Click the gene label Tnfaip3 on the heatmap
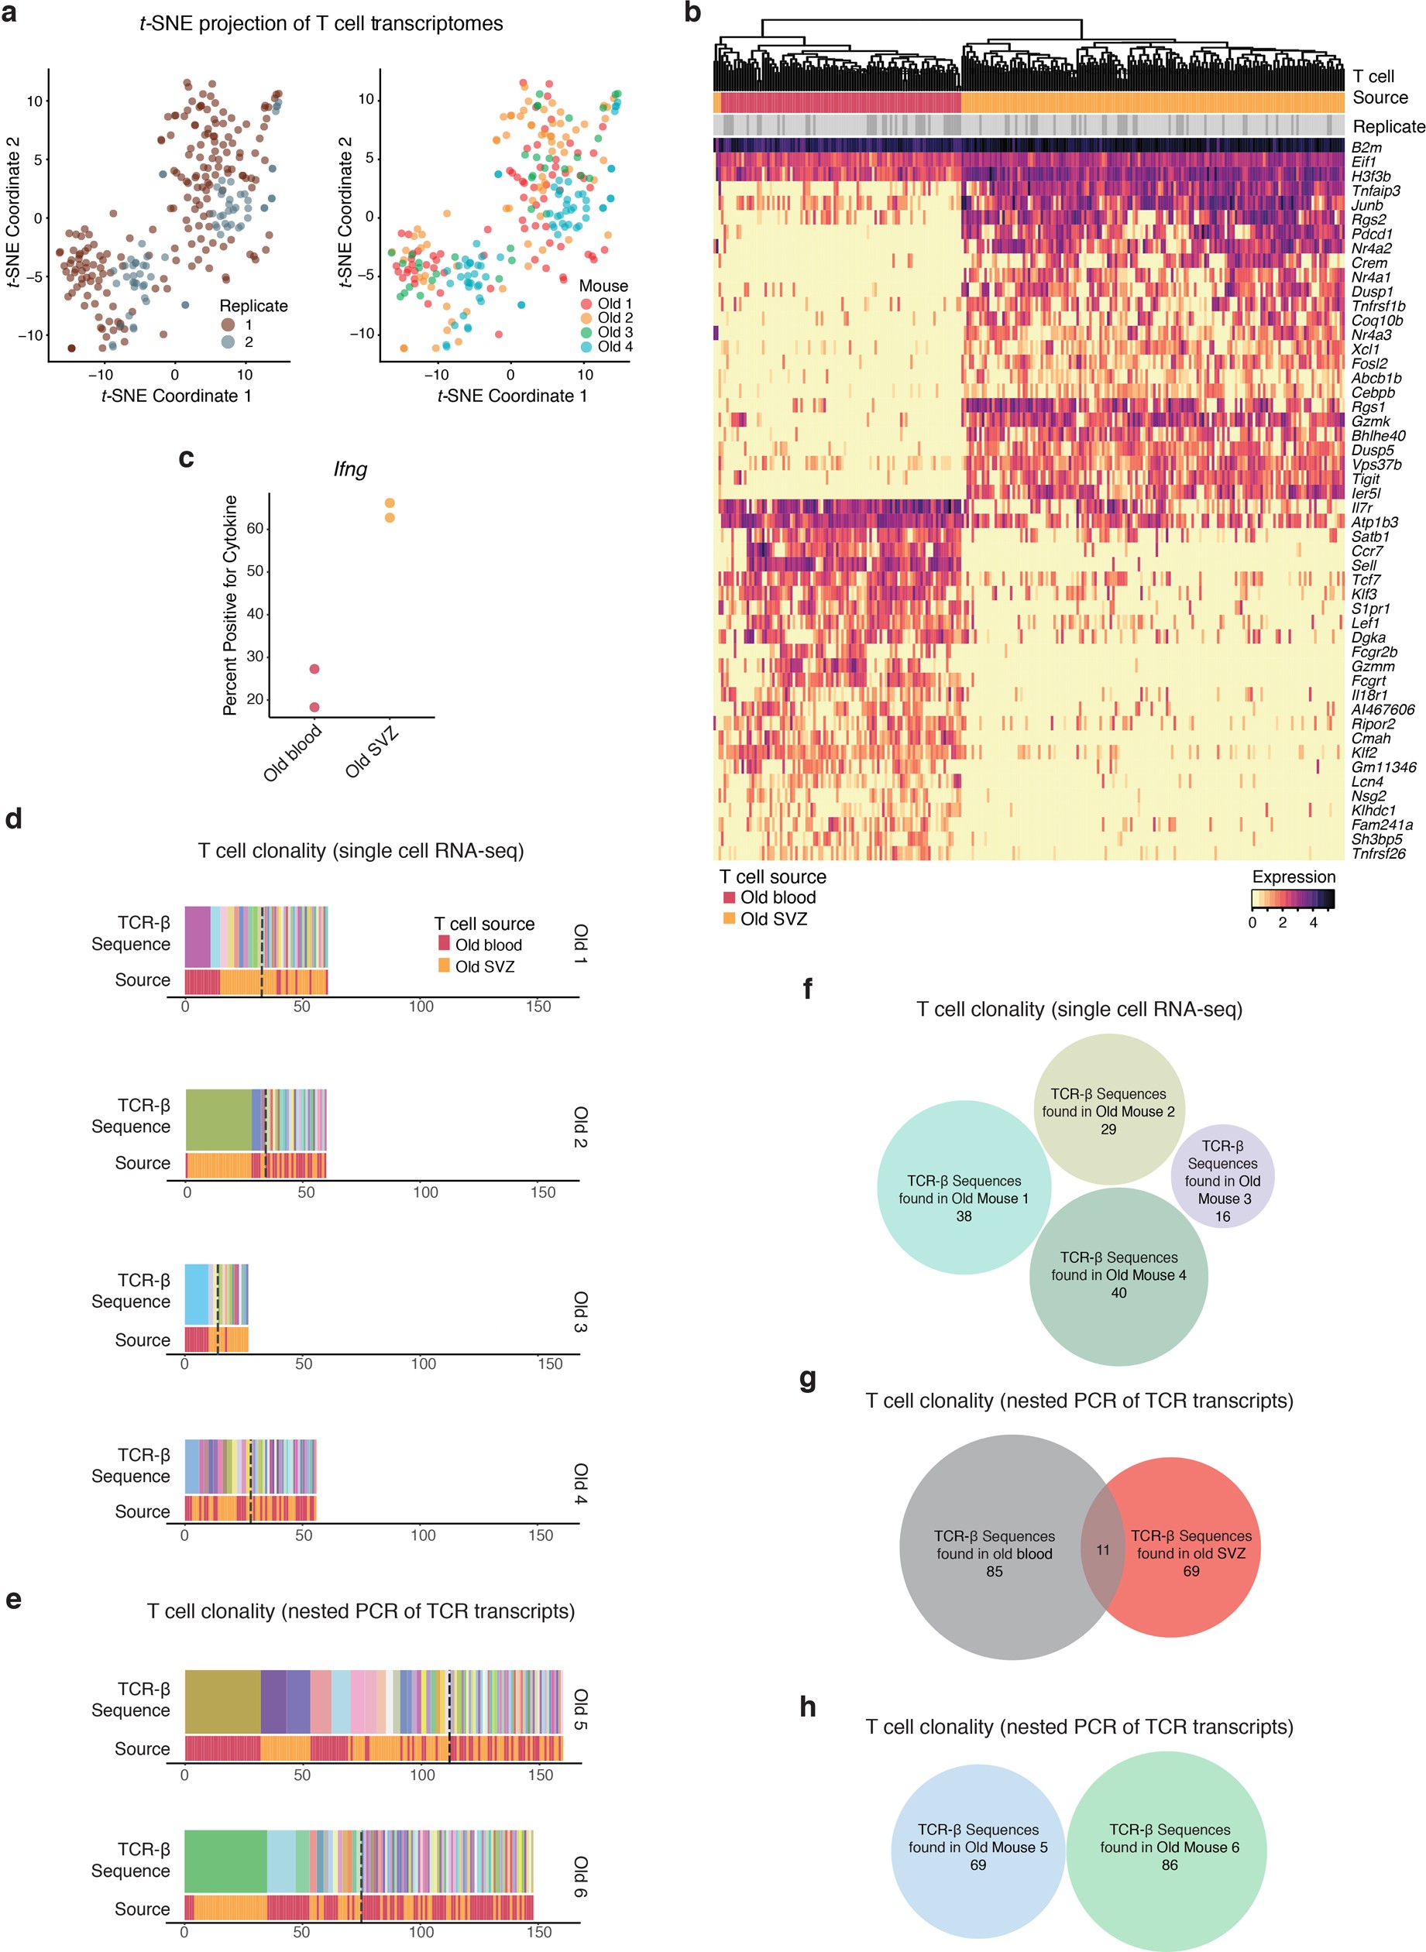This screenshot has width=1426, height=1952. click(1376, 190)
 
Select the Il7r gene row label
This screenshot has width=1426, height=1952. click(1362, 507)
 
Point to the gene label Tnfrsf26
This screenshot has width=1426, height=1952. click(1379, 853)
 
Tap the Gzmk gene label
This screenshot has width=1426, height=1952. click(1371, 421)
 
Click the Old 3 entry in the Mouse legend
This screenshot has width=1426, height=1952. click(614, 332)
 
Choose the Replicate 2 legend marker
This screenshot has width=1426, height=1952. click(228, 341)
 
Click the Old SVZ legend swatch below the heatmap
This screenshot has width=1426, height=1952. click(730, 918)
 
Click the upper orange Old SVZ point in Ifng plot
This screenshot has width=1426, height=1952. click(390, 503)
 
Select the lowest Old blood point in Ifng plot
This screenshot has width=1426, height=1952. click(314, 707)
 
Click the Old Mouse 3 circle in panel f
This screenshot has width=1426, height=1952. click(1222, 1175)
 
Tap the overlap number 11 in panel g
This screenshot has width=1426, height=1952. click(1102, 1550)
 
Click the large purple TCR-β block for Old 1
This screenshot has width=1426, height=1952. click(198, 936)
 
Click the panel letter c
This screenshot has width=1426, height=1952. click(186, 458)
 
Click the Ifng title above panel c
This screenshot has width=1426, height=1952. click(350, 469)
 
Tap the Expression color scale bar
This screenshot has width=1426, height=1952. click(1292, 900)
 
